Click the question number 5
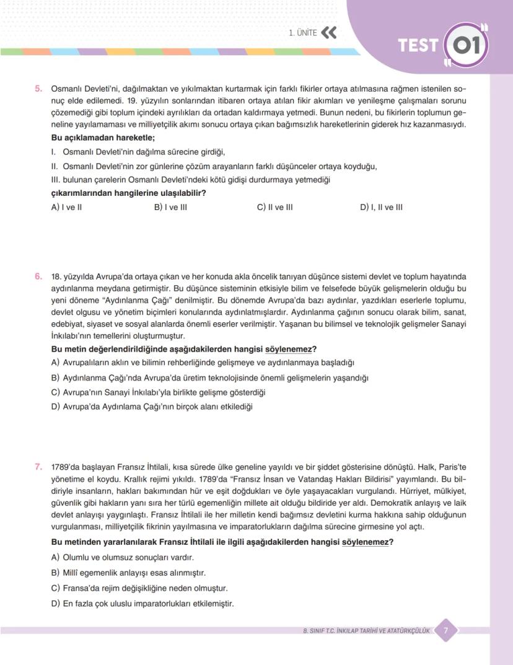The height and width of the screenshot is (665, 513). click(38, 89)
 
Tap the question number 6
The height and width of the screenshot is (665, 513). click(38, 276)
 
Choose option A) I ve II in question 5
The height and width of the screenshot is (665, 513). click(66, 208)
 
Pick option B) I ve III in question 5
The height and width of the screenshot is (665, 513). click(170, 208)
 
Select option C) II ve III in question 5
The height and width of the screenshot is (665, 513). click(274, 208)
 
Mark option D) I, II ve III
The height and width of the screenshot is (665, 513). click(381, 208)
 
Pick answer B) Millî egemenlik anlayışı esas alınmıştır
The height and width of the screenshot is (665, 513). click(128, 573)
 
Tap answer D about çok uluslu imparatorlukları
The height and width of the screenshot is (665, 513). click(142, 603)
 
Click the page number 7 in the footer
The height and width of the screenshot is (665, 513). click(445, 632)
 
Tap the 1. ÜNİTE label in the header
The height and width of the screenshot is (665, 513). click(303, 33)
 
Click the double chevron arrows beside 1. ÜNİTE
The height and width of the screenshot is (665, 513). click(329, 33)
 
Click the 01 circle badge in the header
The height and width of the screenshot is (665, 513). click(467, 45)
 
